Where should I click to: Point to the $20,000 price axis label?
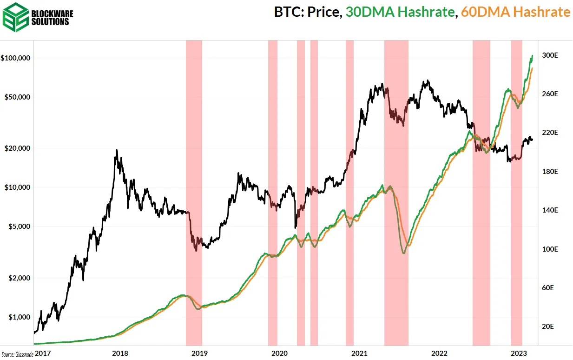17,148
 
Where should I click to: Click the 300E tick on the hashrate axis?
550,55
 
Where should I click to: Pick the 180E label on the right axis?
550,172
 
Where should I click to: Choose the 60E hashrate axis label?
548,288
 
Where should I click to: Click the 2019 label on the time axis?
200,353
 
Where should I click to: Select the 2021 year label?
359,353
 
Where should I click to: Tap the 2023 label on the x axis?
518,353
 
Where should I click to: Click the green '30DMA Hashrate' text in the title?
400,13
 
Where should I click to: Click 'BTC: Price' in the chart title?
307,13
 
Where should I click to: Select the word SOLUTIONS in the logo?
52,22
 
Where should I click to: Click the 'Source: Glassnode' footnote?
17,354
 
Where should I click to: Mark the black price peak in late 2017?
117,150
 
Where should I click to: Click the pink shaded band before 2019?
194,186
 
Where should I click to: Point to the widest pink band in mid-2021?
396,186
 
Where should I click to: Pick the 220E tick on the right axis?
550,133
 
